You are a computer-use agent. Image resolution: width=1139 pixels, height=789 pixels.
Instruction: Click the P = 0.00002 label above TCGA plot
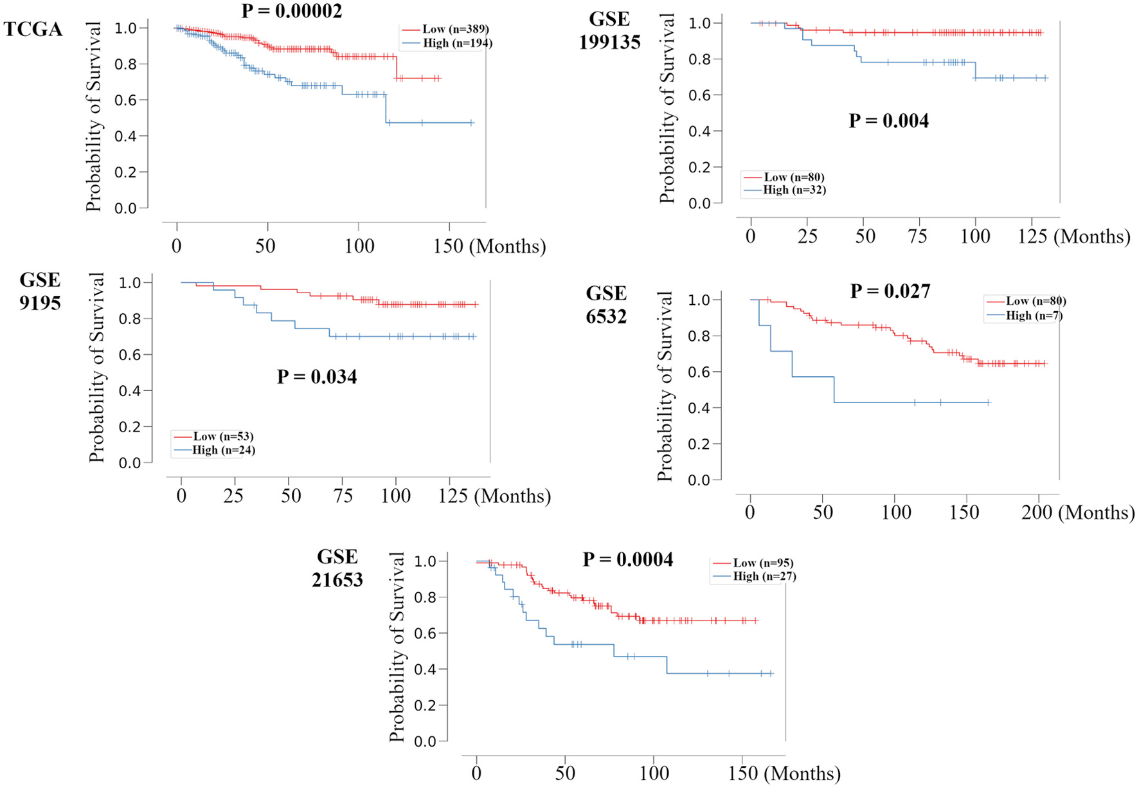(x=292, y=10)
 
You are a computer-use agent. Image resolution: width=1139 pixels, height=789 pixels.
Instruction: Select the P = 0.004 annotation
(x=888, y=121)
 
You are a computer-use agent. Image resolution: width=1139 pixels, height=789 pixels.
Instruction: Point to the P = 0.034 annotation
(x=317, y=377)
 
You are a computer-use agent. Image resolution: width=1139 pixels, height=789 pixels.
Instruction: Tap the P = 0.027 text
(x=890, y=291)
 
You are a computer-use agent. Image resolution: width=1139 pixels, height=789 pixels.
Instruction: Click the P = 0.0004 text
(x=627, y=559)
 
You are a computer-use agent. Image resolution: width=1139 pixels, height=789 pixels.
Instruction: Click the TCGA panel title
(x=33, y=30)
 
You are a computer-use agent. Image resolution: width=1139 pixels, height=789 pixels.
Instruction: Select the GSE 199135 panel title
(x=609, y=30)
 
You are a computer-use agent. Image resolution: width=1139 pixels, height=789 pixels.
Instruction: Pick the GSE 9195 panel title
(x=40, y=291)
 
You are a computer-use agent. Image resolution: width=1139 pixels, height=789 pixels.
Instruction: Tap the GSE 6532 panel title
(x=606, y=304)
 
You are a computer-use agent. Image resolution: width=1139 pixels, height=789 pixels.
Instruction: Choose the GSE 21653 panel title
(x=337, y=568)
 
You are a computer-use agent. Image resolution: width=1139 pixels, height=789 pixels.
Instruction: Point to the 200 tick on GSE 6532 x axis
(x=1037, y=512)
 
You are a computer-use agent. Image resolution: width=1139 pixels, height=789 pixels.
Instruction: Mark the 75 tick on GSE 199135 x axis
(x=917, y=236)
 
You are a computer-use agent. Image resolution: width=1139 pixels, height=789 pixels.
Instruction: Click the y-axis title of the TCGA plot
(x=94, y=116)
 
